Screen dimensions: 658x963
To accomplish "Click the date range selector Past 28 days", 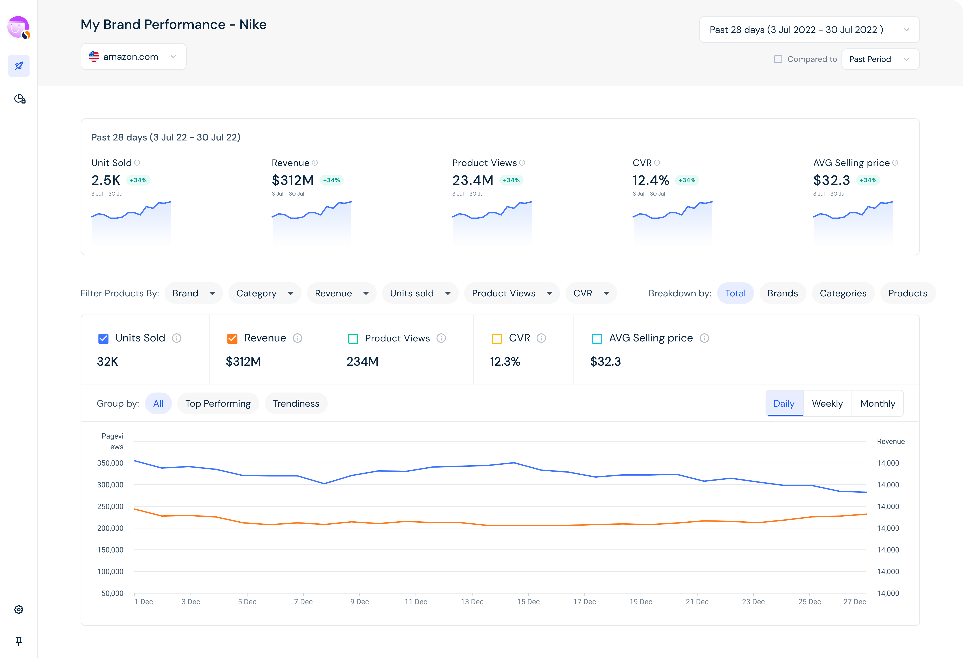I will click(809, 30).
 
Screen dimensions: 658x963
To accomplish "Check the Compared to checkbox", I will click(778, 59).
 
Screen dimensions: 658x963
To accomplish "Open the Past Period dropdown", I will click(880, 59).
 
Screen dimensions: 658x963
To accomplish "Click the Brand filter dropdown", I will click(193, 293).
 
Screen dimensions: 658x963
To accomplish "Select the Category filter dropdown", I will click(264, 293).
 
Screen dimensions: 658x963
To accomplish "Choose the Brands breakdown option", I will click(782, 293).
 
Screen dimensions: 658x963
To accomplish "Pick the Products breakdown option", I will click(907, 293).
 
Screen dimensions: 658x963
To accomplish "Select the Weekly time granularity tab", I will click(827, 403).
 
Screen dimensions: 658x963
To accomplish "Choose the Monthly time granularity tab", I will click(878, 403).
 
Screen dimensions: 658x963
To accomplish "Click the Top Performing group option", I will click(218, 403).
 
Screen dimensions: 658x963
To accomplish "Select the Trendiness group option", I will click(296, 403).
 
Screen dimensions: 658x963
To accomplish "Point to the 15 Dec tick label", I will click(528, 602).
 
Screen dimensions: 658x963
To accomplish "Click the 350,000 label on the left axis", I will click(110, 463).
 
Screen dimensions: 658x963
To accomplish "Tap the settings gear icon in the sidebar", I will click(19, 609).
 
